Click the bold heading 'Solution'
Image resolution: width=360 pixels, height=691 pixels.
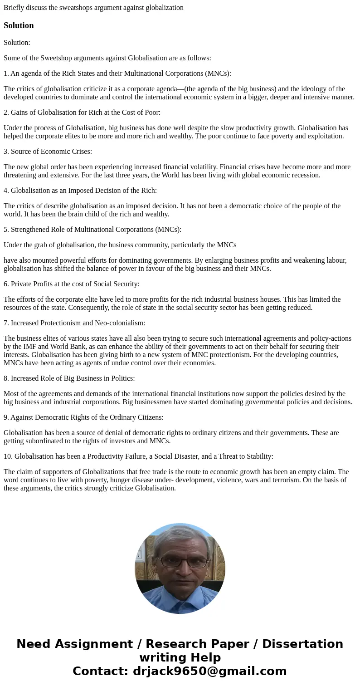pyautogui.click(x=19, y=25)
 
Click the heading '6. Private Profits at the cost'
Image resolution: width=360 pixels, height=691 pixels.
pyautogui.click(x=72, y=284)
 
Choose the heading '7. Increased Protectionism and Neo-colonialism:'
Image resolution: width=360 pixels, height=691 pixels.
pyautogui.click(x=74, y=323)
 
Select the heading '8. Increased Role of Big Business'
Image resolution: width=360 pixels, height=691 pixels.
pyautogui.click(x=69, y=378)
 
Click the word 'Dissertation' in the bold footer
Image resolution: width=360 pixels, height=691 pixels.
pyautogui.click(x=302, y=644)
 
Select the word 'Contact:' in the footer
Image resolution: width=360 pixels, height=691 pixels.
pyautogui.click(x=100, y=671)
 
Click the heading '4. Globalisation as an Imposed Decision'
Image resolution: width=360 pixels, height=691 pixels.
pyautogui.click(x=80, y=191)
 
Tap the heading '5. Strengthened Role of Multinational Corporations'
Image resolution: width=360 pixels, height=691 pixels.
pyautogui.click(x=92, y=230)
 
